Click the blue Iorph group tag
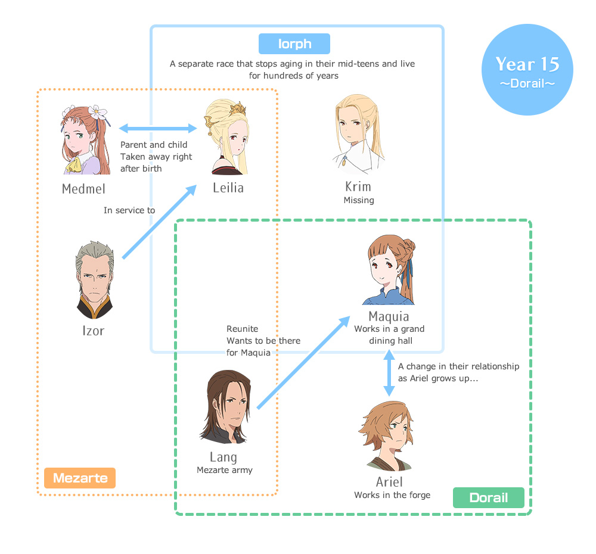[x=294, y=44]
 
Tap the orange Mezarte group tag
[x=80, y=478]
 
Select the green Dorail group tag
[x=488, y=497]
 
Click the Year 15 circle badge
[x=527, y=70]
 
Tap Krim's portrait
[x=358, y=134]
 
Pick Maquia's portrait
[x=389, y=271]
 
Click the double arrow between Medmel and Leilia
[x=158, y=128]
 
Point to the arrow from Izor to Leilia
[x=160, y=222]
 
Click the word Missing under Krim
[x=359, y=200]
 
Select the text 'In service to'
[x=129, y=210]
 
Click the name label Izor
[x=94, y=330]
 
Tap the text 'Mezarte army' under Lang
[x=225, y=470]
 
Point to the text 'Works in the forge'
[x=392, y=495]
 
